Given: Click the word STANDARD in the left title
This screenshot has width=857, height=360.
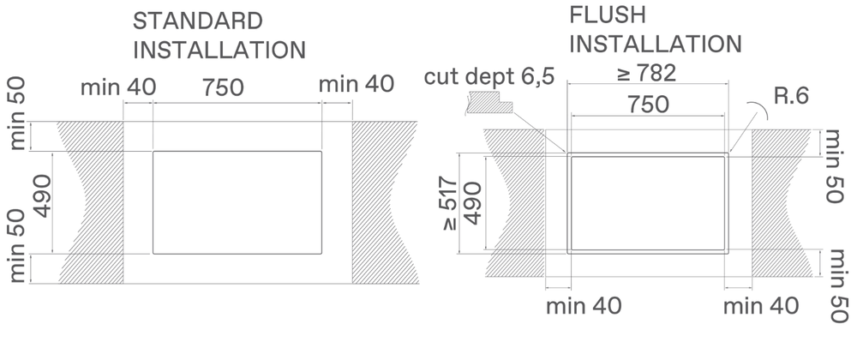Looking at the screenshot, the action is tap(197, 21).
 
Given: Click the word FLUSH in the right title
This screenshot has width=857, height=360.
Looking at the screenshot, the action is tap(608, 15).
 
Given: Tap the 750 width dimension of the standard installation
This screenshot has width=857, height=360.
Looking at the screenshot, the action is tap(223, 87).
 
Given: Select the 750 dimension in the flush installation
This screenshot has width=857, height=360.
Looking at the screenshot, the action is tap(648, 105).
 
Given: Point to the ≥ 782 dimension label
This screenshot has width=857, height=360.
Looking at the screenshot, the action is tap(646, 73).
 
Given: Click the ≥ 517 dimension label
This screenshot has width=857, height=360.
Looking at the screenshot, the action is tap(449, 204).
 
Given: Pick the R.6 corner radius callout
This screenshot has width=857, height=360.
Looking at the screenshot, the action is tap(791, 96).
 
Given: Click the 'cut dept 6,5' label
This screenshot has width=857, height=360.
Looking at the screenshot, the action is tap(489, 76).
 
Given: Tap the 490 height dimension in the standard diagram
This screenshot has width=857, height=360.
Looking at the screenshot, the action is tap(42, 195).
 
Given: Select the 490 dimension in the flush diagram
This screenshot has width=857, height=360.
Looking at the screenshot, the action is tap(473, 203).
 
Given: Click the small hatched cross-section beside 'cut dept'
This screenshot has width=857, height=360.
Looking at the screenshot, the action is tap(489, 102).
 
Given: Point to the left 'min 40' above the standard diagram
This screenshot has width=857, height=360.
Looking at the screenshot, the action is tap(118, 87).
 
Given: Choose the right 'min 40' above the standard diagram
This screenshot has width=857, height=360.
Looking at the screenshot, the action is tap(357, 84).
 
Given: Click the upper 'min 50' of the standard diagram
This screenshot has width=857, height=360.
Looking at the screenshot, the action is tap(17, 114).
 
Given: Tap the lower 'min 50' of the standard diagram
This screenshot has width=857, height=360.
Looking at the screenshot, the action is tap(17, 245).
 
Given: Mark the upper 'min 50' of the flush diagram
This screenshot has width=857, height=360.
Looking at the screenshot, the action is tap(832, 166).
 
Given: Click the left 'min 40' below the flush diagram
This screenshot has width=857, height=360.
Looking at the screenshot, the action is tap(584, 306).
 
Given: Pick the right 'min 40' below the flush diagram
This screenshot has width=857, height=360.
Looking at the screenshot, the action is tap(761, 306).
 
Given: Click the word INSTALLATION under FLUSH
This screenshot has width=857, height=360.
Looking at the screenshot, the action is tap(656, 45).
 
